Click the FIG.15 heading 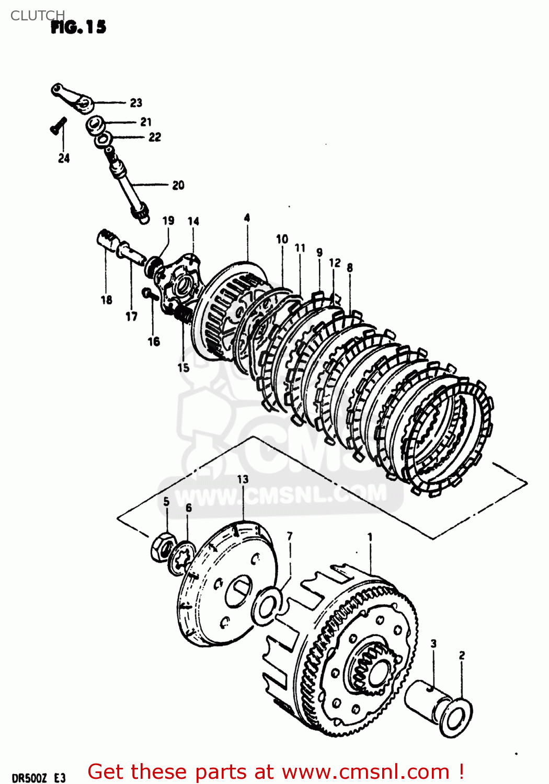point(78,27)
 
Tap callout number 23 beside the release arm point(136,102)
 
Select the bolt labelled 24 point(58,126)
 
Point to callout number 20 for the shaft point(178,185)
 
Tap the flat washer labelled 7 point(268,605)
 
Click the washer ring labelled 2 point(456,717)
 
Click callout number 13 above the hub point(243,479)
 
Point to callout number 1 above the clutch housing point(370,537)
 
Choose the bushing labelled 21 point(96,125)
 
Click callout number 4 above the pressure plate point(247,217)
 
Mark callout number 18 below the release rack point(106,299)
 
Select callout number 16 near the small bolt point(153,341)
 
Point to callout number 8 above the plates point(349,268)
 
